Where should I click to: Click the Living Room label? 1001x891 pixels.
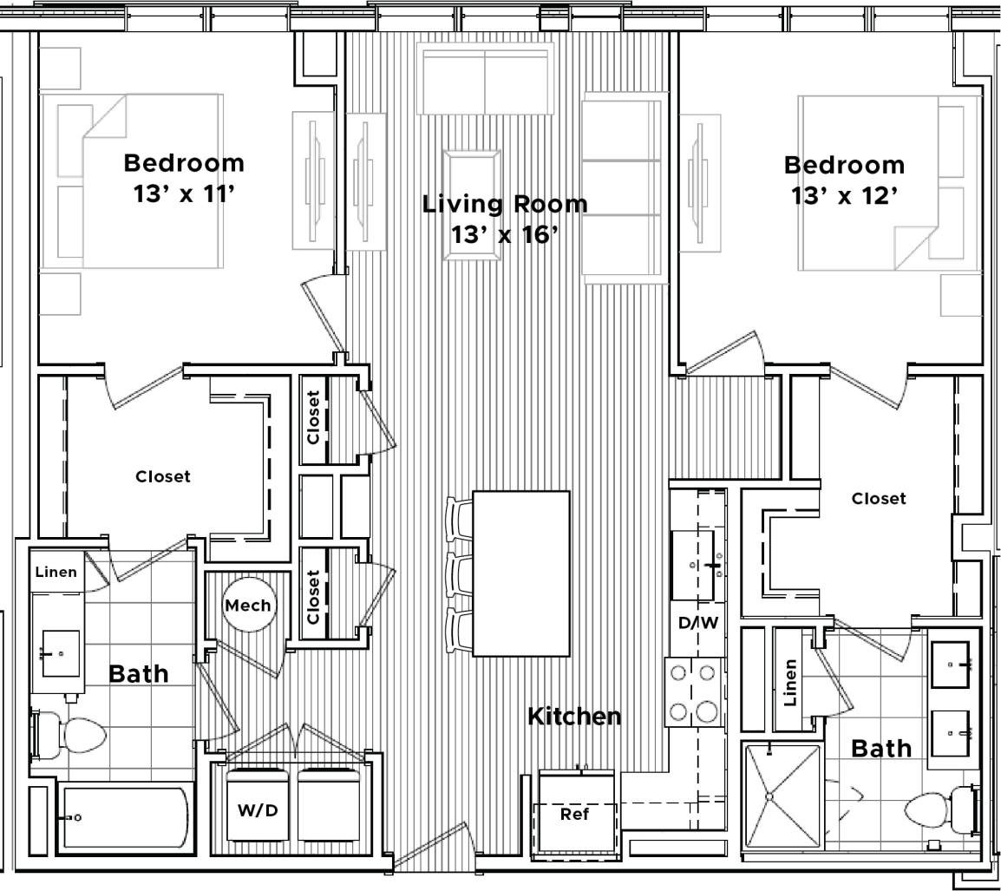tap(504, 204)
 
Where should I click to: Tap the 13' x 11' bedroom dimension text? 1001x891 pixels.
tap(185, 193)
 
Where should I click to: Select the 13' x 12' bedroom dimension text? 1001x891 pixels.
tap(843, 196)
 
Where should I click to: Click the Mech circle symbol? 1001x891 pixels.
tap(248, 606)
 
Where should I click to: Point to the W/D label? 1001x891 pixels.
tap(258, 811)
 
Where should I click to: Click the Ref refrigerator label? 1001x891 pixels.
tap(574, 815)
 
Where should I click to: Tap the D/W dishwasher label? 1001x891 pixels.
tap(698, 622)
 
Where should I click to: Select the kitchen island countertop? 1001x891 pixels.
tap(520, 573)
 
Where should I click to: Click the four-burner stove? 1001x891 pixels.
tap(694, 692)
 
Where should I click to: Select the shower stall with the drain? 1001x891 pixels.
tap(781, 796)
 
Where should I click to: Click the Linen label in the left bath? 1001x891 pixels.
tap(56, 572)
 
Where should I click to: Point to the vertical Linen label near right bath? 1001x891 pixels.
tap(790, 682)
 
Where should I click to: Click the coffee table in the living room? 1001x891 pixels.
tap(471, 205)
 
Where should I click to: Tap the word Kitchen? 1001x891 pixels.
tap(574, 717)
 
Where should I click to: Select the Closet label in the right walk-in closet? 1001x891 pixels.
tap(878, 499)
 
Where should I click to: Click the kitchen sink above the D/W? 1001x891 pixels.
tap(699, 565)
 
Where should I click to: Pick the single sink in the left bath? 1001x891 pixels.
tap(61, 652)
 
